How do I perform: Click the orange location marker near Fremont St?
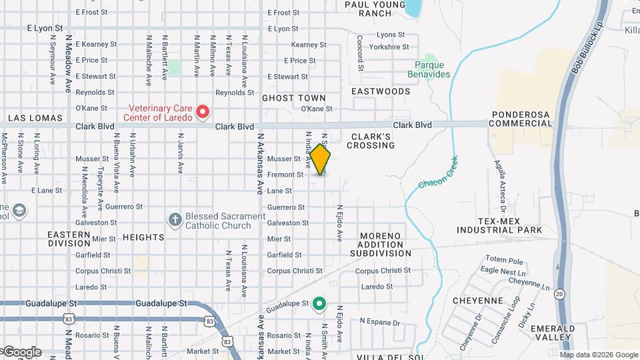(321, 160)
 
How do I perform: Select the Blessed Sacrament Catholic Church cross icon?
(175, 220)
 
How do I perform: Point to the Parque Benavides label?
(429, 70)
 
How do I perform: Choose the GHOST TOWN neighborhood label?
(294, 98)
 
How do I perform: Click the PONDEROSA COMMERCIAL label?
(522, 119)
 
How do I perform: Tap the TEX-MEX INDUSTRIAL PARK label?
(499, 225)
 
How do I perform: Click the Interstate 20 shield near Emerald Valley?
(559, 293)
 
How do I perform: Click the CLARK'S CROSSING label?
(372, 140)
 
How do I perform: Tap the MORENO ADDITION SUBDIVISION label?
(385, 245)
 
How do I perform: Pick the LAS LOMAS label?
(35, 118)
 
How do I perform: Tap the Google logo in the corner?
(22, 351)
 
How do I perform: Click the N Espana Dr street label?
(380, 322)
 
